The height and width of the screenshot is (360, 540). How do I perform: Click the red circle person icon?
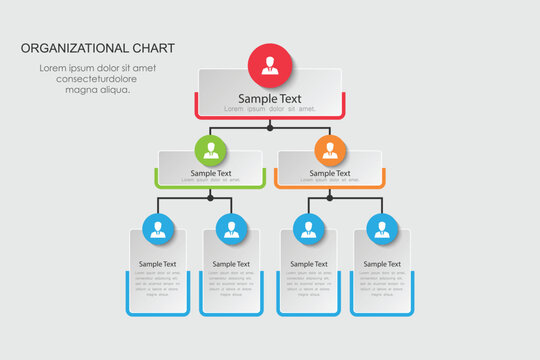[x=270, y=67]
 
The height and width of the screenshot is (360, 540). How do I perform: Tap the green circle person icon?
[x=210, y=152]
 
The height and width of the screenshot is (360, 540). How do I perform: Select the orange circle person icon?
[x=329, y=152]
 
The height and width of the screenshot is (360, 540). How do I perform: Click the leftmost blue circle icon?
[x=158, y=230]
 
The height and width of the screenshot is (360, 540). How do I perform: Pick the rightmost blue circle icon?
[x=381, y=230]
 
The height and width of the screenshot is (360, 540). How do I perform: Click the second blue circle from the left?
[x=231, y=230]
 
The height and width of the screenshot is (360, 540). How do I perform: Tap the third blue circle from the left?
[x=308, y=230]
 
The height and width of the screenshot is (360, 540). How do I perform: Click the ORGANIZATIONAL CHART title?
[x=97, y=48]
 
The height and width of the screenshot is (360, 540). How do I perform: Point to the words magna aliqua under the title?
[x=97, y=90]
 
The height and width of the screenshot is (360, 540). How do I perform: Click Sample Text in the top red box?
[x=270, y=99]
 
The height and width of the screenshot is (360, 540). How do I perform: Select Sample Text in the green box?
[x=210, y=173]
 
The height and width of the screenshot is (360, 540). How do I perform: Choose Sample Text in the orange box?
[x=329, y=173]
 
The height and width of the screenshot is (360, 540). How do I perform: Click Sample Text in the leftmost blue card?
[x=158, y=264]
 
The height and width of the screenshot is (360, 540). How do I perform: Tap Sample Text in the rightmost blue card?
[x=381, y=264]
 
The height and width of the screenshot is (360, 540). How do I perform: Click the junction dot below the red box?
[x=270, y=128]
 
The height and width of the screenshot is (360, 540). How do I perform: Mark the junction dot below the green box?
[x=210, y=197]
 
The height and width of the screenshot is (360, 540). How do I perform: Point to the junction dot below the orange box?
[x=329, y=197]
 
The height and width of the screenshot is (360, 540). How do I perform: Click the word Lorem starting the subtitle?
[x=53, y=68]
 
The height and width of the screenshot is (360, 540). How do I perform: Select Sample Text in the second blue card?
[x=231, y=264]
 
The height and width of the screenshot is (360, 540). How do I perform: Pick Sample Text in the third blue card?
[x=308, y=264]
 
